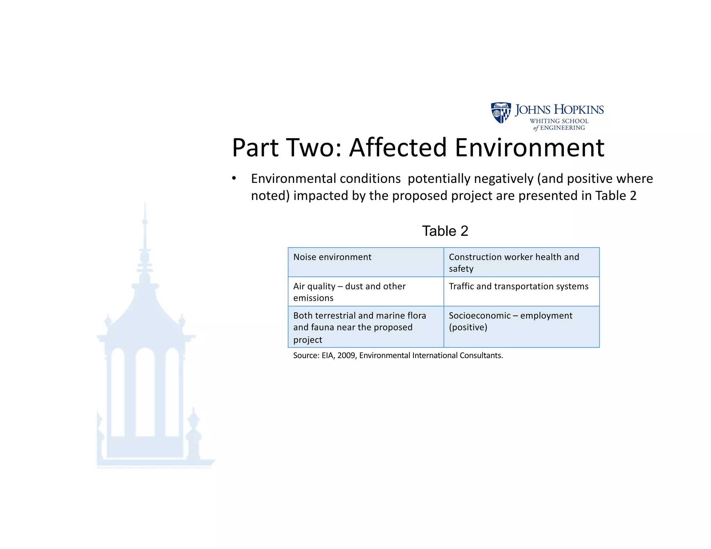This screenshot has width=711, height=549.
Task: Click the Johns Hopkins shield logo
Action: pyautogui.click(x=501, y=112)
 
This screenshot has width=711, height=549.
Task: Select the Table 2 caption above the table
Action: pyautogui.click(x=445, y=231)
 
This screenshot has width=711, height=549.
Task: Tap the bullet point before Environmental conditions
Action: pyautogui.click(x=234, y=179)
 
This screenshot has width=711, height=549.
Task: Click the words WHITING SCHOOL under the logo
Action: pyautogui.click(x=559, y=121)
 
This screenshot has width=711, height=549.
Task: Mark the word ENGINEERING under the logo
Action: pyautogui.click(x=562, y=128)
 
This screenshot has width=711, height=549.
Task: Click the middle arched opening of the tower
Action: pyautogui.click(x=145, y=392)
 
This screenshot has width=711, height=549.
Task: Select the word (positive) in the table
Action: pyautogui.click(x=468, y=327)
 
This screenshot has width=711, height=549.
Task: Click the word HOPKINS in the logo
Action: pyautogui.click(x=579, y=110)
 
